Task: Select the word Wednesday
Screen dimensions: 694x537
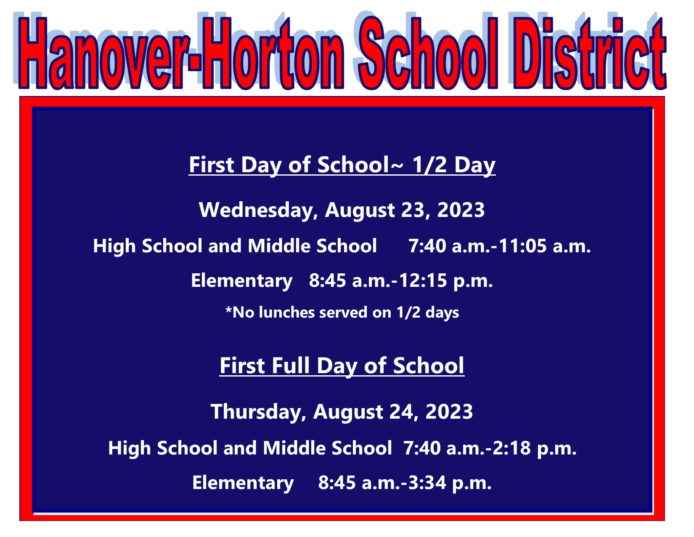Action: pos(258,211)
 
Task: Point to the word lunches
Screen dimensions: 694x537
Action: pos(286,313)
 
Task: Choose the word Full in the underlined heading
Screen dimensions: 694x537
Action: pos(291,366)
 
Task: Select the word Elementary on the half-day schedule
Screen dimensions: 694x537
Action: pos(242,281)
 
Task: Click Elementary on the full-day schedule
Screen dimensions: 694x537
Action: pos(243,484)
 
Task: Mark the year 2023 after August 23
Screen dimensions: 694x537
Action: pos(461,211)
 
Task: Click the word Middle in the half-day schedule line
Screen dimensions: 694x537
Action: pos(279,246)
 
